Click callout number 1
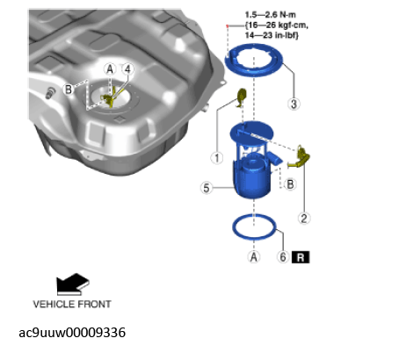[217, 158]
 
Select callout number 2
[304, 219]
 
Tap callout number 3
[294, 104]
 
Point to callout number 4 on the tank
[127, 69]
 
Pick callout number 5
[207, 188]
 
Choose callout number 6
[283, 257]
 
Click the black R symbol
[301, 257]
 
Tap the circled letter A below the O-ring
[254, 257]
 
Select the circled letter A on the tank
[110, 69]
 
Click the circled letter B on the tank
[69, 90]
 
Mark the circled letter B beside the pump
[290, 184]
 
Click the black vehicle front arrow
[73, 284]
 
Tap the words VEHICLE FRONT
[72, 305]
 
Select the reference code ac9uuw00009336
[72, 333]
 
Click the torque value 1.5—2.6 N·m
[271, 15]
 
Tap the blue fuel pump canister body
[252, 182]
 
